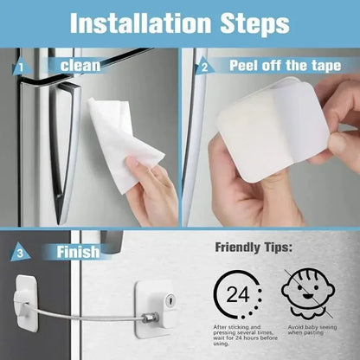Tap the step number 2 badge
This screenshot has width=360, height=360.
[204, 66]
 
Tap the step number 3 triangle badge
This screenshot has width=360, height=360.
[20, 252]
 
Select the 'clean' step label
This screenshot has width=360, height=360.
[80, 66]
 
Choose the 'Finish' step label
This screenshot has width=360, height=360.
[77, 252]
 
